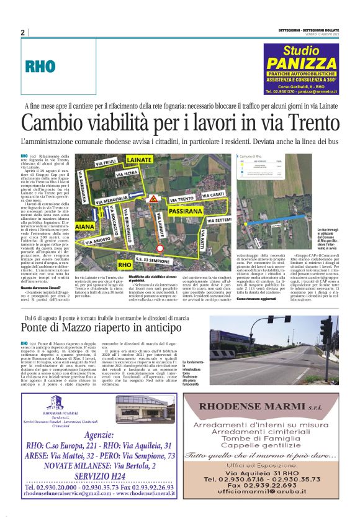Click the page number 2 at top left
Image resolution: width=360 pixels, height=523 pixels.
click(x=22, y=32)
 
